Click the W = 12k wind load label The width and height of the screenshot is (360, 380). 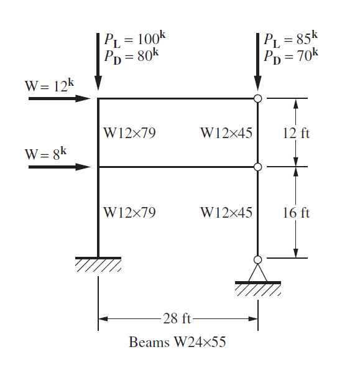(x=49, y=86)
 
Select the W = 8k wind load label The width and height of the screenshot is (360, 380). (x=45, y=154)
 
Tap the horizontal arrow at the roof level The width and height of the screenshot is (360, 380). (x=59, y=99)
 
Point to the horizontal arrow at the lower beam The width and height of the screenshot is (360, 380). (x=59, y=167)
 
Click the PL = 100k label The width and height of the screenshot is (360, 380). (x=135, y=39)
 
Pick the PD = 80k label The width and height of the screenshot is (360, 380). (x=132, y=57)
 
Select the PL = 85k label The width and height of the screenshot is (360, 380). (x=290, y=39)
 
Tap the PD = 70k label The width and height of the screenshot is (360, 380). (x=291, y=57)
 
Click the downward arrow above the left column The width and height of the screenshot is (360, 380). (x=98, y=62)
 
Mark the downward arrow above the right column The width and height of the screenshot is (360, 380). (x=258, y=62)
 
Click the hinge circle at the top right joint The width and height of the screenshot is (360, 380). (x=258, y=99)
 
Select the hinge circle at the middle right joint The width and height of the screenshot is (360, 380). (x=258, y=167)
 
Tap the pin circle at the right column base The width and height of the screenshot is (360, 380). (x=258, y=259)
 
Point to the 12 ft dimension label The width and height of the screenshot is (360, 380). (x=296, y=133)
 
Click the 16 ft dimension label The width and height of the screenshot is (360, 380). (x=296, y=213)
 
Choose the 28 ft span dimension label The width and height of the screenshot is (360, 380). (x=177, y=318)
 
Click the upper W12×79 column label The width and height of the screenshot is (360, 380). (x=129, y=133)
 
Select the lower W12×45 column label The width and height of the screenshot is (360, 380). (x=226, y=212)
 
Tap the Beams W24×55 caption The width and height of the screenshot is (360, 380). (x=177, y=341)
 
